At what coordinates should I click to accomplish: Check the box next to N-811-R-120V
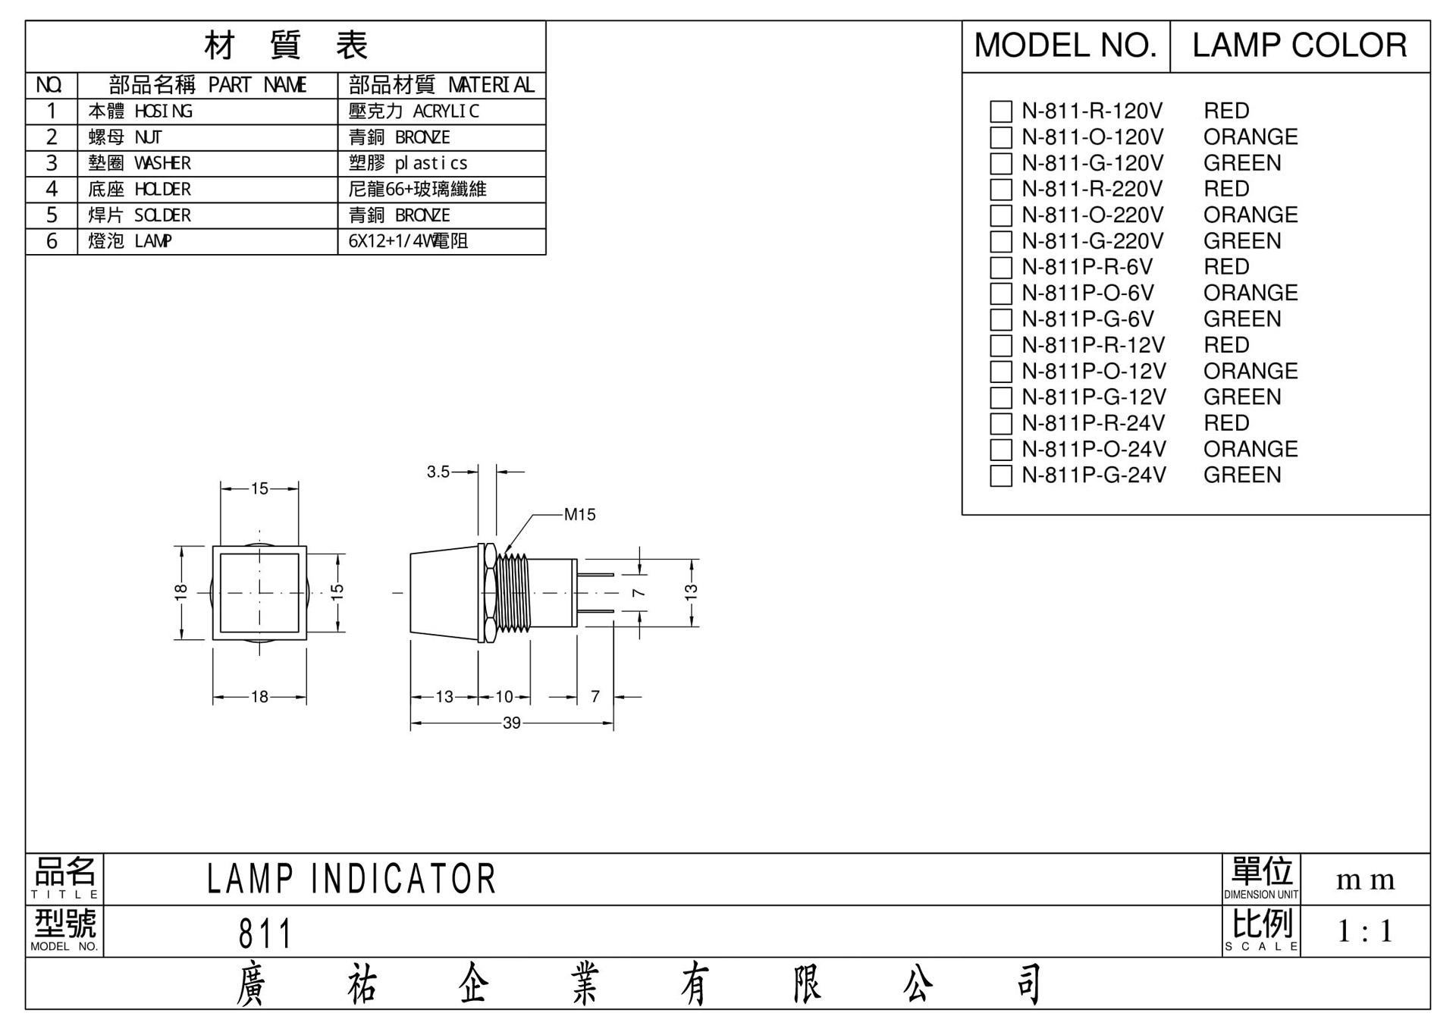pos(1001,111)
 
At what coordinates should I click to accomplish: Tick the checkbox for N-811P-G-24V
pos(1001,475)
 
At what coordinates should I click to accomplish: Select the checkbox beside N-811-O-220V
pos(1001,215)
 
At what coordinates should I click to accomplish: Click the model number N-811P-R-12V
pos(1093,345)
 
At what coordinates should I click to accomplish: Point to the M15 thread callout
pos(580,515)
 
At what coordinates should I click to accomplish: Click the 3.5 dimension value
pos(438,472)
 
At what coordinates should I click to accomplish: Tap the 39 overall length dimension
pos(512,723)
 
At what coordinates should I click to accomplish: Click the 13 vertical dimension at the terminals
pos(691,592)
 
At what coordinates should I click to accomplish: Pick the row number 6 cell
pos(52,241)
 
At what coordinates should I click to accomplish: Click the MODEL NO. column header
pos(1065,45)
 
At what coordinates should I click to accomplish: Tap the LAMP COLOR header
pos(1300,45)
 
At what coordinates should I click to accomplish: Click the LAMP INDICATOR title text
pos(351,879)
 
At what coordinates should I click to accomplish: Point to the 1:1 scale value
pos(1365,931)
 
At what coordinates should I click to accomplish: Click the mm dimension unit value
pos(1365,880)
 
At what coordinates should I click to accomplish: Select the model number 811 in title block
pos(265,933)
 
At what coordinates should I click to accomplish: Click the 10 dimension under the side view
pos(504,697)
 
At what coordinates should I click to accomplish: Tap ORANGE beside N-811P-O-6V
pos(1250,293)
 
